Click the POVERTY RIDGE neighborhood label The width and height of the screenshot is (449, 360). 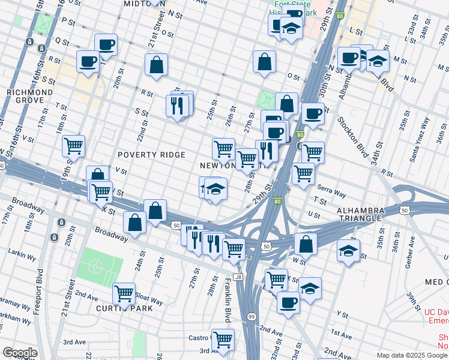(x=151, y=155)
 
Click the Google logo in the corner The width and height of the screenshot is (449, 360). (x=19, y=353)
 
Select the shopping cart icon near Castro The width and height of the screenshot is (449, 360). (x=223, y=339)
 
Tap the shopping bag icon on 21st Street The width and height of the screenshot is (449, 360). (x=156, y=66)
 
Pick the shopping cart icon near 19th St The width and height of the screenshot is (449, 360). (x=73, y=145)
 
